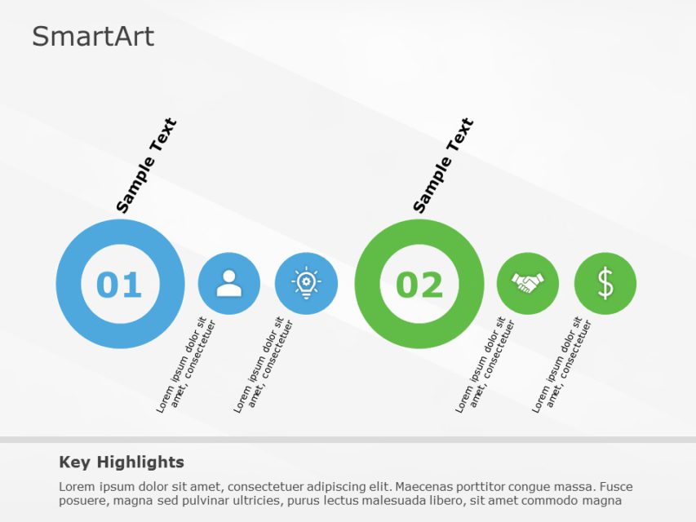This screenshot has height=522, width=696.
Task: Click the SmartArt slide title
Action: [93, 37]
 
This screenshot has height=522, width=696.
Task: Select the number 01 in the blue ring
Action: [119, 285]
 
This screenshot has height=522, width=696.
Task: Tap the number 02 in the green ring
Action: [419, 285]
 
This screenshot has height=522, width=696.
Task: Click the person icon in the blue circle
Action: [228, 283]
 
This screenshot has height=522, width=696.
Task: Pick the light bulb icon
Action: [306, 283]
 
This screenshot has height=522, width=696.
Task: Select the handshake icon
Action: [527, 283]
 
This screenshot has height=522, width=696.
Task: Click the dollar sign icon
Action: [605, 283]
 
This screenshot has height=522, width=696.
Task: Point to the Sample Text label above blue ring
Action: [146, 166]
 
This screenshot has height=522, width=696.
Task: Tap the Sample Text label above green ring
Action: [443, 166]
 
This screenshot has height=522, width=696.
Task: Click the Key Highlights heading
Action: [122, 462]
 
